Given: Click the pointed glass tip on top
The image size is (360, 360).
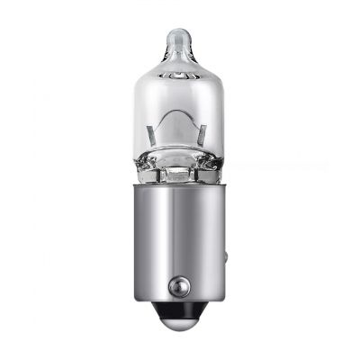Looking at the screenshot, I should tap(179, 36).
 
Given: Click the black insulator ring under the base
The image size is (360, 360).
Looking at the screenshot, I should tap(181, 316).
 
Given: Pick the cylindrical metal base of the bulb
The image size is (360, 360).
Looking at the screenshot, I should tap(180, 243).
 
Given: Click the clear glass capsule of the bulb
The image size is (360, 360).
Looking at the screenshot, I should tap(180, 99).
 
